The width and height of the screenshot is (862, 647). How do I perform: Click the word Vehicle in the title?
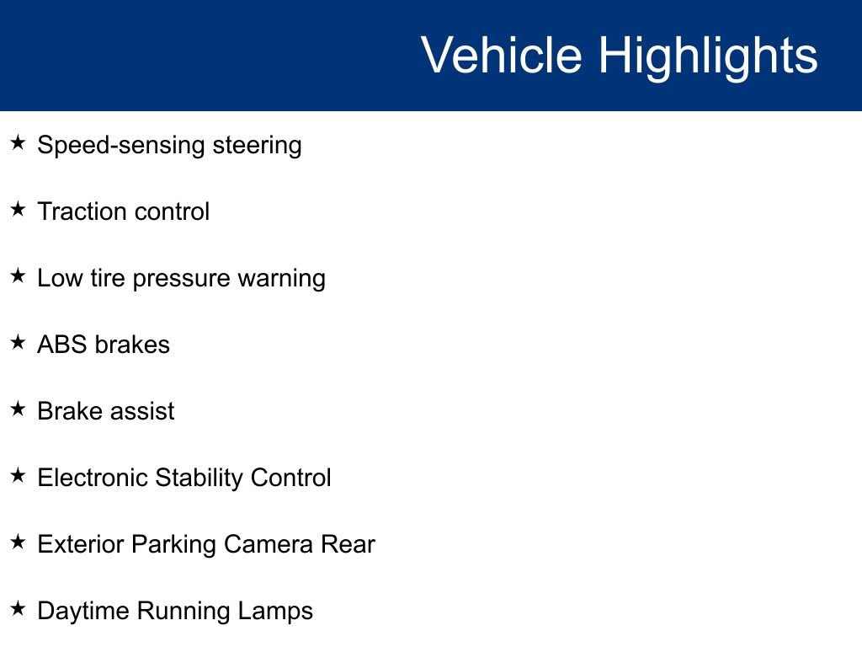pyautogui.click(x=502, y=55)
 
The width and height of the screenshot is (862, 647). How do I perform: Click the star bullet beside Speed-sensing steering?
pyautogui.click(x=18, y=142)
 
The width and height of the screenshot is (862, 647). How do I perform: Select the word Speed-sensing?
pyautogui.click(x=121, y=146)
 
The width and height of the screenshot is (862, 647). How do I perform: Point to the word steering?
pyautogui.click(x=258, y=146)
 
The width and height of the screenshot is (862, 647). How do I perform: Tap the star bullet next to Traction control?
pyautogui.click(x=18, y=209)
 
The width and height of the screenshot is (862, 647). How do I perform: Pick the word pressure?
pyautogui.click(x=182, y=279)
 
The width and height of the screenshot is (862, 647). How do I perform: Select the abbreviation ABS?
pyautogui.click(x=62, y=345)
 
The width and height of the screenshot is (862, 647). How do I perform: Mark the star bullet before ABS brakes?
pyautogui.click(x=18, y=342)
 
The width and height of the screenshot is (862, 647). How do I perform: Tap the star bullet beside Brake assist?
pyautogui.click(x=18, y=409)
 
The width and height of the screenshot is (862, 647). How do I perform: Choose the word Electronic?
pyautogui.click(x=93, y=478)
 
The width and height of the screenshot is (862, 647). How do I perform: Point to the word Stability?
pyautogui.click(x=200, y=479)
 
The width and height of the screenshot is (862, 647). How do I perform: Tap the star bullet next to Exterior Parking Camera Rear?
pyautogui.click(x=18, y=542)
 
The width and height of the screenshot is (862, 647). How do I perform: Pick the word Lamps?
pyautogui.click(x=279, y=612)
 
